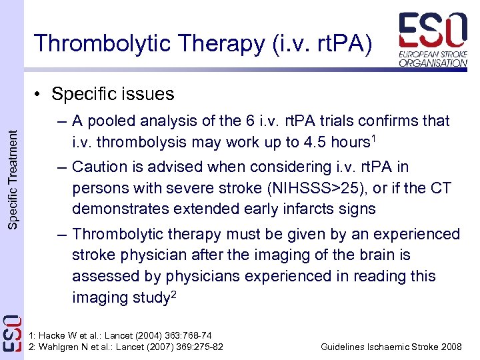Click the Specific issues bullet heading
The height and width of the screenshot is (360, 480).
pyautogui.click(x=112, y=94)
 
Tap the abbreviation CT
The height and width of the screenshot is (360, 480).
pyautogui.click(x=440, y=187)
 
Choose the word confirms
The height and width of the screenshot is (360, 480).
pyautogui.click(x=379, y=121)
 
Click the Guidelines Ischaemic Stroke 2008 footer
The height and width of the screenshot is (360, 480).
pyautogui.click(x=391, y=347)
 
